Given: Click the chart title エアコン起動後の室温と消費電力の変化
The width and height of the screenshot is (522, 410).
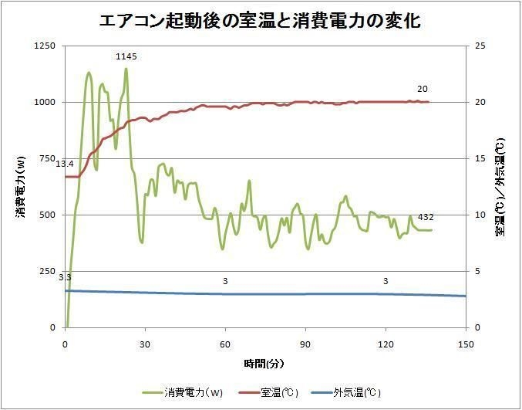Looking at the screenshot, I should pyautogui.click(x=260, y=21).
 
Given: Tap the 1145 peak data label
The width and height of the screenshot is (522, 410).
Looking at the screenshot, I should pyautogui.click(x=126, y=57).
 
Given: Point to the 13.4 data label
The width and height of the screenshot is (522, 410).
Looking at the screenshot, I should pyautogui.click(x=65, y=164).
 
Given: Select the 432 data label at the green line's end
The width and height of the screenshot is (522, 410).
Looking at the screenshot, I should pyautogui.click(x=426, y=219).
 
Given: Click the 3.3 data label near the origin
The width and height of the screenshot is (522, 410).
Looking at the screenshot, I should pyautogui.click(x=65, y=276).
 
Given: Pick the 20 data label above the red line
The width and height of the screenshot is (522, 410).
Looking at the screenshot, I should pyautogui.click(x=423, y=89).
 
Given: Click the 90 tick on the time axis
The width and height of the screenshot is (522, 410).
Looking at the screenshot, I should pyautogui.click(x=306, y=344).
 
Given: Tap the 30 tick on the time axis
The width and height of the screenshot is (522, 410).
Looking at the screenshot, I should pyautogui.click(x=146, y=344).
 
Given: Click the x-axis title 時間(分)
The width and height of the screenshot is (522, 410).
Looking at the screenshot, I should pyautogui.click(x=264, y=361).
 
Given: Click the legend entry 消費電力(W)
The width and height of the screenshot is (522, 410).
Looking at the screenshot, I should pyautogui.click(x=193, y=392).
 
